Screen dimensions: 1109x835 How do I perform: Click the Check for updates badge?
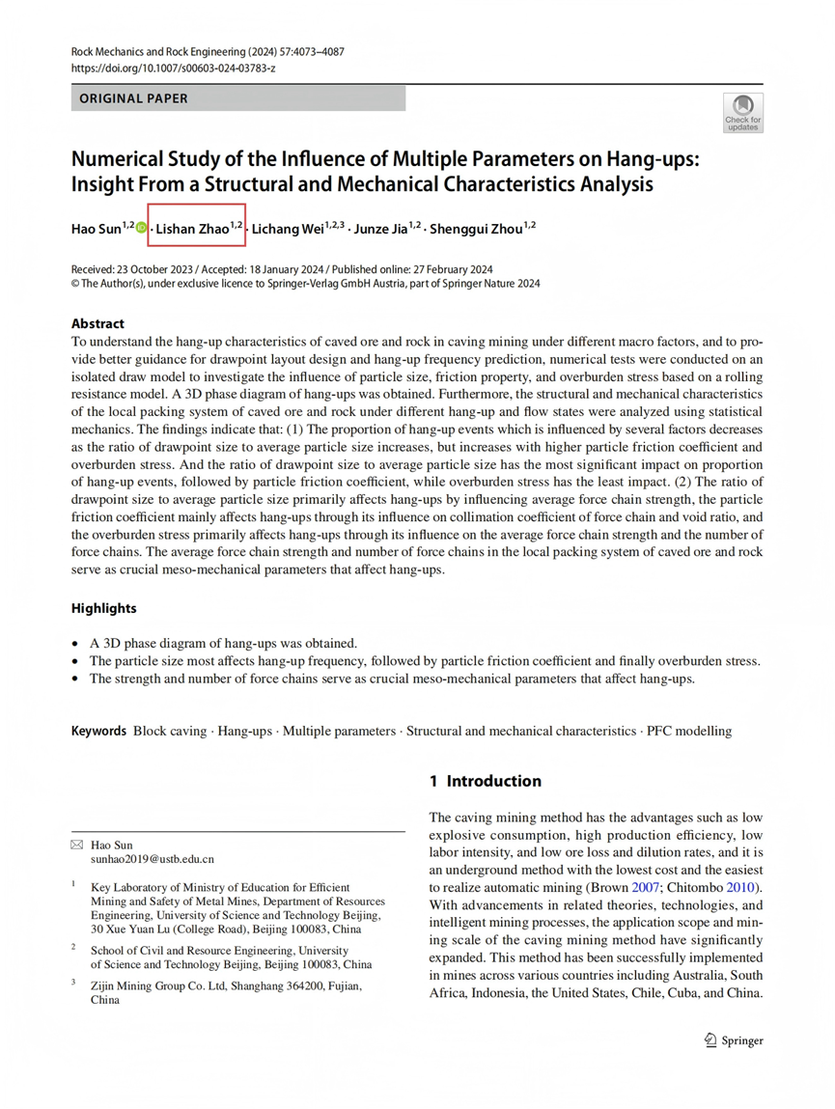click(742, 112)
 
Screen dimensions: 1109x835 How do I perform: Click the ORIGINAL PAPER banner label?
click(133, 98)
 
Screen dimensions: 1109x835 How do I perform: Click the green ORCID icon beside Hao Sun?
click(142, 229)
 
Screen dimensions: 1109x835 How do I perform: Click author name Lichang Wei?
click(293, 229)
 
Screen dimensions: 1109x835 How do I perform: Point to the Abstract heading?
click(97, 324)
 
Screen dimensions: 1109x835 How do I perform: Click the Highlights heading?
click(104, 608)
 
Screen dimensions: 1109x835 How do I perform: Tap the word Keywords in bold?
click(99, 731)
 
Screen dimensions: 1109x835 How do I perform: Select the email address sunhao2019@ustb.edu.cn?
click(153, 858)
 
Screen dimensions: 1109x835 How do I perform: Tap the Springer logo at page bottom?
click(734, 1040)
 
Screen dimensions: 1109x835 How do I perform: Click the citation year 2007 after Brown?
click(646, 886)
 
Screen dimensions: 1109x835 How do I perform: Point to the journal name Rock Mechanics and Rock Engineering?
click(159, 51)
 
